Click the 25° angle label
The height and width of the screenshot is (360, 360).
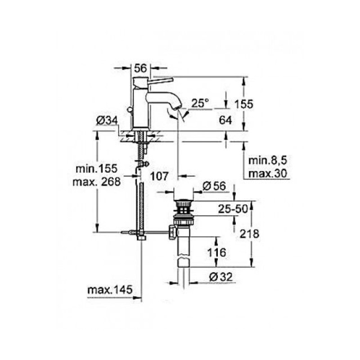200,103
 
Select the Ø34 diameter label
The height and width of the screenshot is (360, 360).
107,121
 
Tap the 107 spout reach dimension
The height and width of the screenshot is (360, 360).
159,176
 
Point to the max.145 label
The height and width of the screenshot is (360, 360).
110,290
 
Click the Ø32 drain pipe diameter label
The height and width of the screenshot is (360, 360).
221,277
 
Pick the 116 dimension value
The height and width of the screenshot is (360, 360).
216,252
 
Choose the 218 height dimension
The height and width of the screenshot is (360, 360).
249,234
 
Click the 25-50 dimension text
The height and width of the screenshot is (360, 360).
233,209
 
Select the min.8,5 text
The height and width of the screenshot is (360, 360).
268,161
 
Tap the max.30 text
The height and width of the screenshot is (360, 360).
268,174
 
